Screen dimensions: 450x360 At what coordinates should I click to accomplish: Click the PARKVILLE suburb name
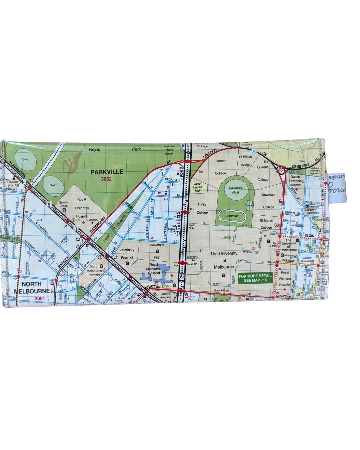point(107,172)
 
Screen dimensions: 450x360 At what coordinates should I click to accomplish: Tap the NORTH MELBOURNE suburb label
point(32,288)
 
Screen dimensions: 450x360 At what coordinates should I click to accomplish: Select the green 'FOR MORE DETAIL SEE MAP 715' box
point(255,278)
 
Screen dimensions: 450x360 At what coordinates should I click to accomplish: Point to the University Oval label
point(236,190)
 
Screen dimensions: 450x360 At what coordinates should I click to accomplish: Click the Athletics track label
point(232,216)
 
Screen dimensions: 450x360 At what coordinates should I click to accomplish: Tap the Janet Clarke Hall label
point(198,187)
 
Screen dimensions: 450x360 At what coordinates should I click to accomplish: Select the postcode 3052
point(106,179)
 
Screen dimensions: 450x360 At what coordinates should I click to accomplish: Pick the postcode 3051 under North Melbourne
point(39,298)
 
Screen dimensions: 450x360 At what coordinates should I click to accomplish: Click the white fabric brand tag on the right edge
point(337,188)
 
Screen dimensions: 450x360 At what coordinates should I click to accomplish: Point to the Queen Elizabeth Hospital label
point(295,181)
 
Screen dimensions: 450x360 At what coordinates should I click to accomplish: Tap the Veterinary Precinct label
point(127,253)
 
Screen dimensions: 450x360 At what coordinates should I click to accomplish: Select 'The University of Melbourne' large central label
point(224,260)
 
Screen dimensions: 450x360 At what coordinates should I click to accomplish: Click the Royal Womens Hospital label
point(285,278)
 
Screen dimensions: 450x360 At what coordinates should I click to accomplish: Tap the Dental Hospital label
point(165,296)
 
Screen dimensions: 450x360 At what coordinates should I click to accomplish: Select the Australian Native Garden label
point(169,150)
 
